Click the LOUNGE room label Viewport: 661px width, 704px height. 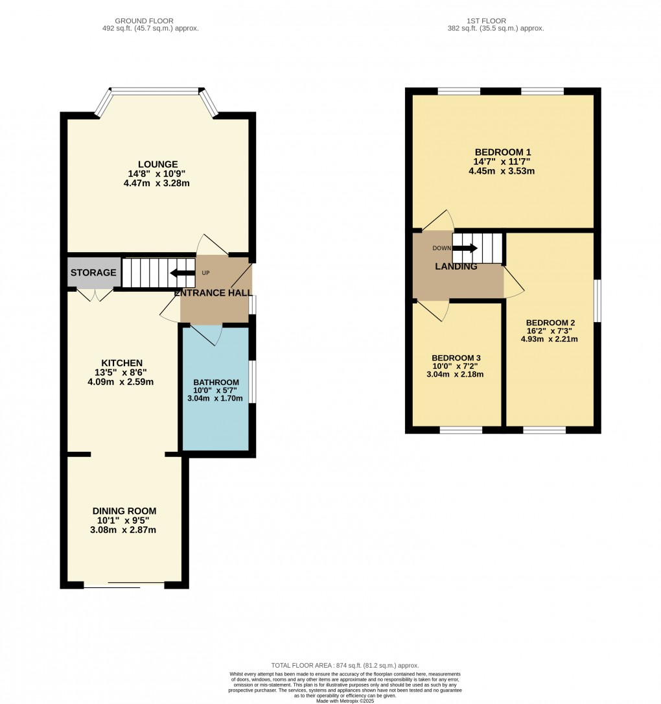click(157, 164)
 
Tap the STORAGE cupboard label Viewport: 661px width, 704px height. click(93, 272)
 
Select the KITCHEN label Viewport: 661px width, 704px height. click(121, 362)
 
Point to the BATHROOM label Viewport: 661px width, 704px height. click(216, 382)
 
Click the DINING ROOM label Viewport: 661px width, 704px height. click(124, 511)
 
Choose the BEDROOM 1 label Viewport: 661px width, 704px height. click(502, 152)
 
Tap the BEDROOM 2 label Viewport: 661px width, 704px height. click(550, 322)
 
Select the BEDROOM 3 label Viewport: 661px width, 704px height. click(456, 358)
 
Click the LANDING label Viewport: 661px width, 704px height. click(456, 266)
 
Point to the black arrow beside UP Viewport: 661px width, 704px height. click(182, 273)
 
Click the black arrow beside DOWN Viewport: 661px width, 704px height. click(465, 248)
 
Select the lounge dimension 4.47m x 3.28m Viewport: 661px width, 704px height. click(157, 183)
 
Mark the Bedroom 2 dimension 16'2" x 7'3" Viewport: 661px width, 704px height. click(550, 331)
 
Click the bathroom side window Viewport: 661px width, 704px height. click(252, 382)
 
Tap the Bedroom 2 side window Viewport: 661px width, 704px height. click(597, 301)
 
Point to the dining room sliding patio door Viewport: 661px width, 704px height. click(124, 586)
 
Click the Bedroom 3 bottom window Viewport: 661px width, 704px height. click(461, 429)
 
